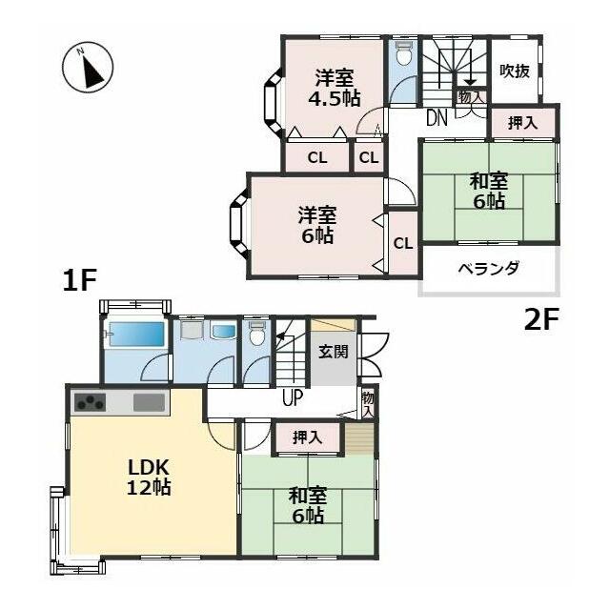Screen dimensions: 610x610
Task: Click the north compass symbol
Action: coord(88,68)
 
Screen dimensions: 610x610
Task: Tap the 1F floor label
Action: coord(79,281)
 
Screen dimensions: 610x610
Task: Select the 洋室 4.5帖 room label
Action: coord(335,88)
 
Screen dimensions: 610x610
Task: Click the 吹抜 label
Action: coord(515,71)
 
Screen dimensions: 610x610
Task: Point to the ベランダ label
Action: coord(489,269)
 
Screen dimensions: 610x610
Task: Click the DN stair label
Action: coord(437,118)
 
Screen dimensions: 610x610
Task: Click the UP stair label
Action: coord(293,397)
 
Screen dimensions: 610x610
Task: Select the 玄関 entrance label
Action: coord(334,352)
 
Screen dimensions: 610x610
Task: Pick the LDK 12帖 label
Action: coord(149,478)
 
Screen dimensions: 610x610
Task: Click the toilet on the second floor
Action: coord(402,53)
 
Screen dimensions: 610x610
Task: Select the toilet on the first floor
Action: coord(256,334)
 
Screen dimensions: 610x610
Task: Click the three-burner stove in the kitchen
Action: coord(90,402)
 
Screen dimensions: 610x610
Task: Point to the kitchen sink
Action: coord(149,402)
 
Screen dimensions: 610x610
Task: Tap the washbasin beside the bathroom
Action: coord(222,332)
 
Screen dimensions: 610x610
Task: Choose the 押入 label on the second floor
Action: coord(523,123)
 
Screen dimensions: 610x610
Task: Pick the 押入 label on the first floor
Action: coord(307,437)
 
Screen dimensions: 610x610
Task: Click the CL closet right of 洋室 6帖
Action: coord(403,244)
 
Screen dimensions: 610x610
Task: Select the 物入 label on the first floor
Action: coord(368,404)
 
